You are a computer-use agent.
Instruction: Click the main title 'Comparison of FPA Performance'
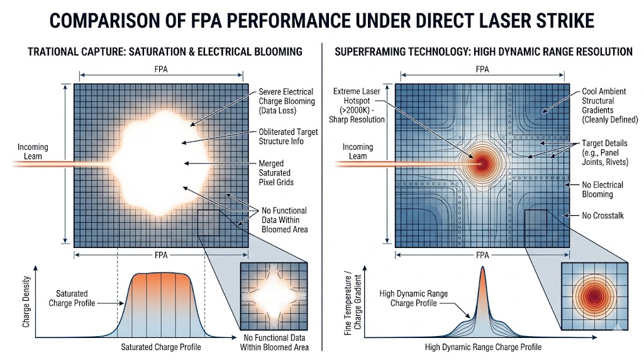[x=321, y=21]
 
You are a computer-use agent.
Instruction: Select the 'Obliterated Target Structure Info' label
[x=288, y=137]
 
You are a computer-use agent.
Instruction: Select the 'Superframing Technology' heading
[x=483, y=51]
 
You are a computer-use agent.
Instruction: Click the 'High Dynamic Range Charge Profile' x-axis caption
[x=483, y=347]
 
